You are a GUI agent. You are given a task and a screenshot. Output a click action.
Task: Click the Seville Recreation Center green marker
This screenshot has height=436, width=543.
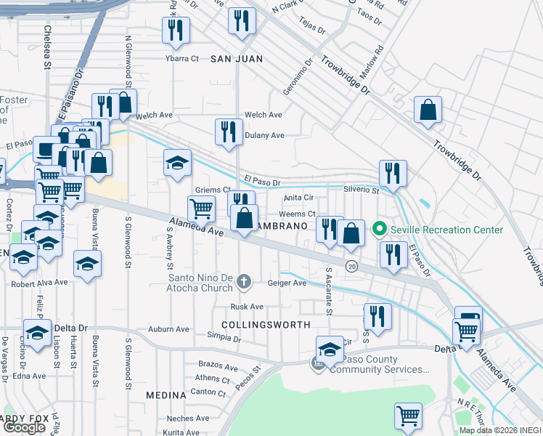378,230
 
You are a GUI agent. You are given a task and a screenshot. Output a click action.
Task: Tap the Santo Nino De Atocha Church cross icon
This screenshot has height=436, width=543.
245,280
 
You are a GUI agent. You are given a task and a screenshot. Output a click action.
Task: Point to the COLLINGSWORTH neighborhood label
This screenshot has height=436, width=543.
266,325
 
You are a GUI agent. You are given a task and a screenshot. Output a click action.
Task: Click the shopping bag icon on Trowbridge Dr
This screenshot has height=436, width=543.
428,110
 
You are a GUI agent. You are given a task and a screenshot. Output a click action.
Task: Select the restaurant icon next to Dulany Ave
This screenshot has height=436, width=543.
229,132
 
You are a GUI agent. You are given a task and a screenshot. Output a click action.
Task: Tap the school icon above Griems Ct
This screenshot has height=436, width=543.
176,163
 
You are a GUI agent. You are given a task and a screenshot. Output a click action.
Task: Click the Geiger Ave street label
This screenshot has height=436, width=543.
287,283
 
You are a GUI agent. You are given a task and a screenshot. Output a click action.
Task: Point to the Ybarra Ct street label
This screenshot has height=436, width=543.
181,58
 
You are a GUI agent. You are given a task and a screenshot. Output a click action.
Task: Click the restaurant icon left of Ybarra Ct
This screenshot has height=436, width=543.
176,31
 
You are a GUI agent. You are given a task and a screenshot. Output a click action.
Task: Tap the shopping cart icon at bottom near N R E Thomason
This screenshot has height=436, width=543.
408,416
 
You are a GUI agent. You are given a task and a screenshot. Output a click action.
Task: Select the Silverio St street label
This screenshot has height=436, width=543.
362,190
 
